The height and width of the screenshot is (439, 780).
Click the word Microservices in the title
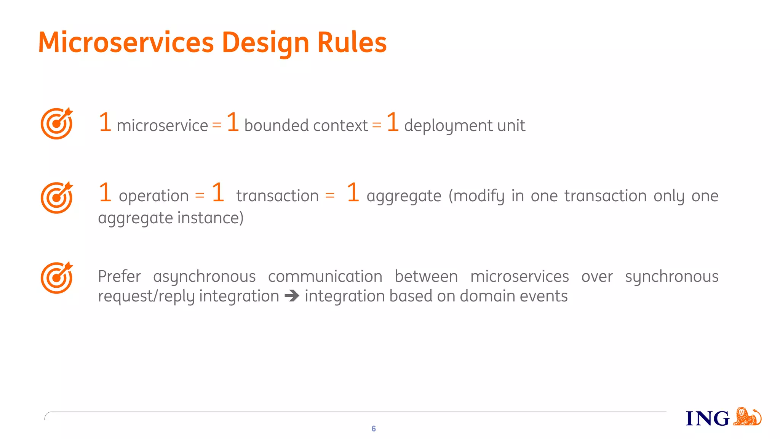[x=126, y=42]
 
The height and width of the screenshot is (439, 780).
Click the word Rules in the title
[x=352, y=42]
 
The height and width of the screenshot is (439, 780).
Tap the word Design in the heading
[x=265, y=43]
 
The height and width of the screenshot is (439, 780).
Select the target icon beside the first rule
[x=57, y=123]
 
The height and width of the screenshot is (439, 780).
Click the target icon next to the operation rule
[x=57, y=197]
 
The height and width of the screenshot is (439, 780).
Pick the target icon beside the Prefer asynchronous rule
[x=57, y=277]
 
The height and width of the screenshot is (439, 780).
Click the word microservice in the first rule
[x=162, y=126]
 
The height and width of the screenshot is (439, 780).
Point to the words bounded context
[x=306, y=126]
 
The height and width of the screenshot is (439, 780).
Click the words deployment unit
[x=464, y=126]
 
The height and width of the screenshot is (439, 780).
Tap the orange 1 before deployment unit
[x=393, y=123]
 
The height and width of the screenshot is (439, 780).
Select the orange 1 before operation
[x=105, y=193]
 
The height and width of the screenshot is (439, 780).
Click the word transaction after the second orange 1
[x=277, y=196]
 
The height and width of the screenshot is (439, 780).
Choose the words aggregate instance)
[x=171, y=218]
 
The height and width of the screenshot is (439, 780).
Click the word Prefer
[x=119, y=276]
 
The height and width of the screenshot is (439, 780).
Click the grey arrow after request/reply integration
[x=292, y=296]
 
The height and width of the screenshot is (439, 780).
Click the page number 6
[x=373, y=429]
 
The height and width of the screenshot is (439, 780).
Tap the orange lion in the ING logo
[x=746, y=417]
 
